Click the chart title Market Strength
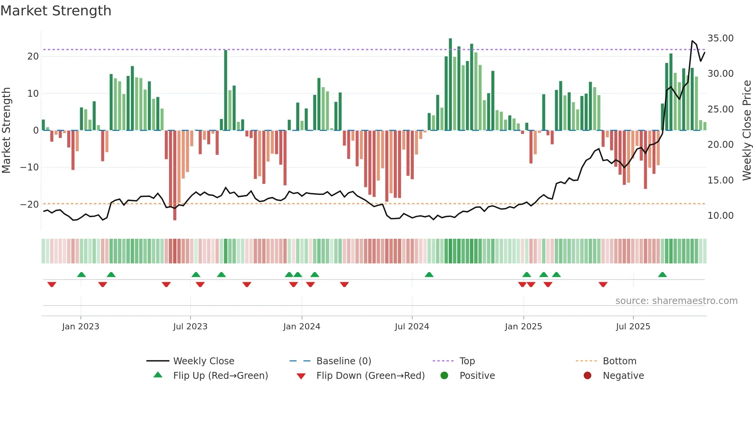pyautogui.click(x=56, y=11)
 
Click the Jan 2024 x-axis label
pyautogui.click(x=302, y=327)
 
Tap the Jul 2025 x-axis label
pyautogui.click(x=633, y=327)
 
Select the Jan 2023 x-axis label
pyautogui.click(x=81, y=327)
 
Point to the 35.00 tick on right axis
pyautogui.click(x=720, y=38)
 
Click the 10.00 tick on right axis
pyautogui.click(x=720, y=216)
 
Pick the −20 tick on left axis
pyautogui.click(x=29, y=204)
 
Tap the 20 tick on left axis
pyautogui.click(x=33, y=56)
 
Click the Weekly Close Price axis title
pyautogui.click(x=746, y=131)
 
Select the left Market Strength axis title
pyautogui.click(x=6, y=131)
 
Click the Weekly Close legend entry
pyautogui.click(x=203, y=361)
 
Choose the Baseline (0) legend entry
pyautogui.click(x=343, y=361)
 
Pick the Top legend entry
pyautogui.click(x=467, y=361)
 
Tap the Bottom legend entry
pyautogui.click(x=619, y=361)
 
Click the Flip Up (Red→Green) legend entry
pyautogui.click(x=220, y=376)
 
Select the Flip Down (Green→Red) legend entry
pyautogui.click(x=370, y=376)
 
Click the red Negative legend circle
pyautogui.click(x=587, y=376)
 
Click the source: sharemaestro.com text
pyautogui.click(x=676, y=301)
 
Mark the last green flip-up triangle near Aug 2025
pyautogui.click(x=662, y=275)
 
